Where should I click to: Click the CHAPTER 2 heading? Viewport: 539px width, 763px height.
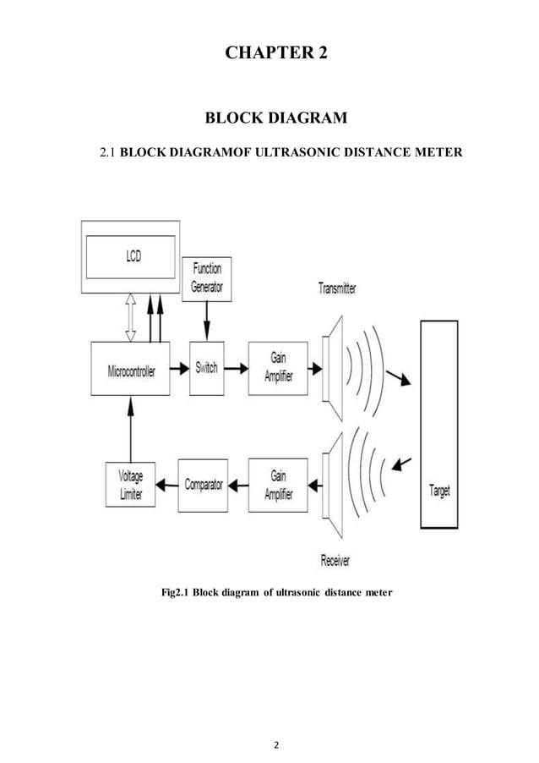pyautogui.click(x=275, y=52)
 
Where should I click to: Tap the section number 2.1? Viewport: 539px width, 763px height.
pyautogui.click(x=106, y=153)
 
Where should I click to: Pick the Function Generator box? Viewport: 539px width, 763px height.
pyautogui.click(x=206, y=278)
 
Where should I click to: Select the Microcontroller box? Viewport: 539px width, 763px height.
pyautogui.click(x=131, y=369)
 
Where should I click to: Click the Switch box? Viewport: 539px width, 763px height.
pyautogui.click(x=206, y=368)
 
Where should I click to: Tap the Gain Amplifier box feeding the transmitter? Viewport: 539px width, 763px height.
pyautogui.click(x=278, y=368)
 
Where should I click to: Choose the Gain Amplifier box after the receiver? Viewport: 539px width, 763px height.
pyautogui.click(x=278, y=486)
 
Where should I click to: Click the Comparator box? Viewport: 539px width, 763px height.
pyautogui.click(x=203, y=486)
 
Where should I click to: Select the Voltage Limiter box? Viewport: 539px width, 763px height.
pyautogui.click(x=131, y=486)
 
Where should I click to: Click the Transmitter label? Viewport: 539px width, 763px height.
pyautogui.click(x=337, y=288)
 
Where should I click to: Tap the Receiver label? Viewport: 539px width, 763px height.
pyautogui.click(x=335, y=560)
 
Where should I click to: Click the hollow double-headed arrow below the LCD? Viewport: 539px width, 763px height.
pyautogui.click(x=131, y=316)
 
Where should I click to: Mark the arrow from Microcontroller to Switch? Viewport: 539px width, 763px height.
pyautogui.click(x=178, y=368)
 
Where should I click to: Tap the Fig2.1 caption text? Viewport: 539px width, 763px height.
pyautogui.click(x=276, y=592)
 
